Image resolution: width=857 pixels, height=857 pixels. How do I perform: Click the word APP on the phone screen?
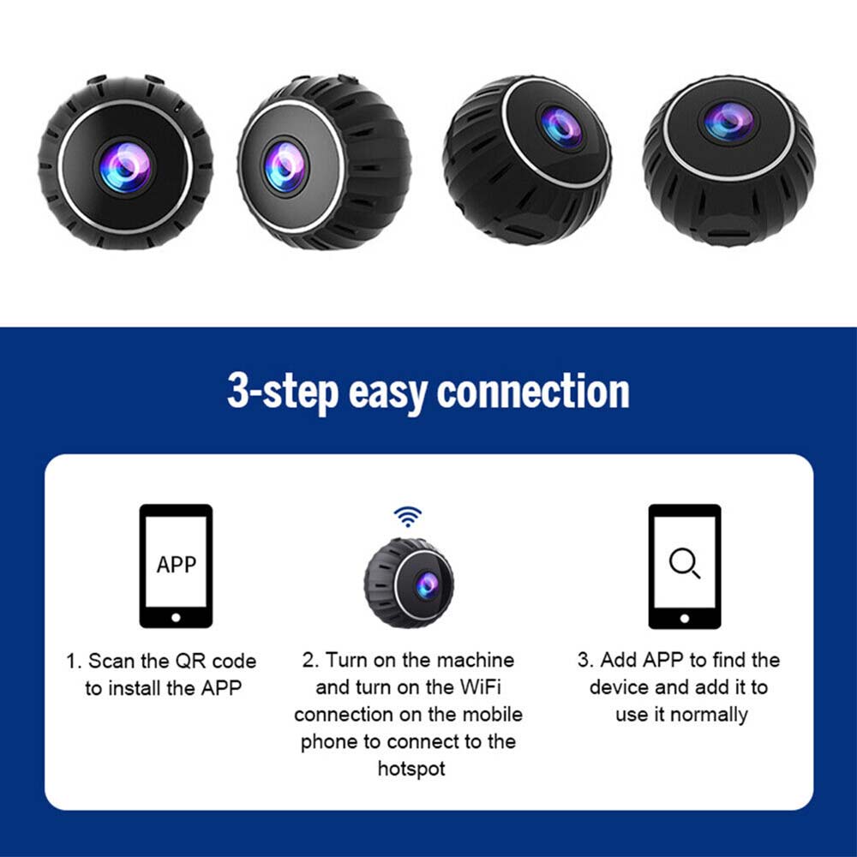point(176,565)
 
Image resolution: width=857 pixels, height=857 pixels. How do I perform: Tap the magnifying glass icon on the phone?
point(684,563)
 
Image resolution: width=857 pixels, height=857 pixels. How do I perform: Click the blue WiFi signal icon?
point(408,517)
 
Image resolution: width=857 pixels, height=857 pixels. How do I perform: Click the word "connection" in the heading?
point(533,392)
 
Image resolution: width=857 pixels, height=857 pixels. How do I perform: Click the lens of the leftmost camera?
point(125,167)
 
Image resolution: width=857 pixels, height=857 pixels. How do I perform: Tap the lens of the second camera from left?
point(285,166)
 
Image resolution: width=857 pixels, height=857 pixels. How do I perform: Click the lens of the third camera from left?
point(560,127)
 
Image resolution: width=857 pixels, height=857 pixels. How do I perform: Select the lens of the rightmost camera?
point(728,121)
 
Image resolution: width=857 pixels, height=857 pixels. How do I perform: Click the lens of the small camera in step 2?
point(427,585)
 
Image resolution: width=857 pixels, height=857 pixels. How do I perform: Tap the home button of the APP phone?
point(176,618)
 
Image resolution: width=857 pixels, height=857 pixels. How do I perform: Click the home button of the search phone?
point(684,619)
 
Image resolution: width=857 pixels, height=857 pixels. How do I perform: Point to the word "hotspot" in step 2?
point(411,769)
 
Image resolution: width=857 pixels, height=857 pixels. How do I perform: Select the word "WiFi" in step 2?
point(481,686)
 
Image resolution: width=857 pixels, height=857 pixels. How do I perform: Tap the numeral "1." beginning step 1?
point(74,662)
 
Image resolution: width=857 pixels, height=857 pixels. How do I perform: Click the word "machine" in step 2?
point(475,660)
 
